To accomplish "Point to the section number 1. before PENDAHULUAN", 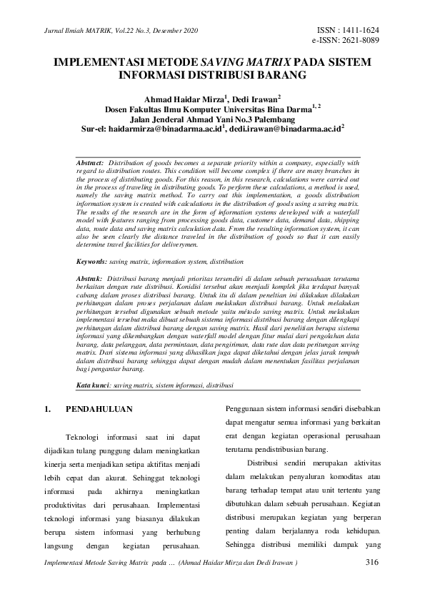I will tap(48, 410).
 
